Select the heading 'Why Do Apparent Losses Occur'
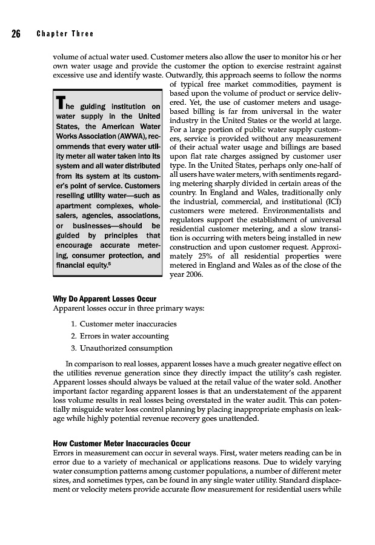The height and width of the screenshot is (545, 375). [x=104, y=299]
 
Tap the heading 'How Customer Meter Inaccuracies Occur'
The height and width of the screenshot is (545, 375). [x=121, y=443]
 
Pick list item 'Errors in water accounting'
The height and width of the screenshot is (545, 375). [x=124, y=336]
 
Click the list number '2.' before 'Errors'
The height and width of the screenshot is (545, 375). [x=73, y=336]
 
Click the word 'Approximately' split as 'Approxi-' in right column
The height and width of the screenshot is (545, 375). [x=322, y=246]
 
